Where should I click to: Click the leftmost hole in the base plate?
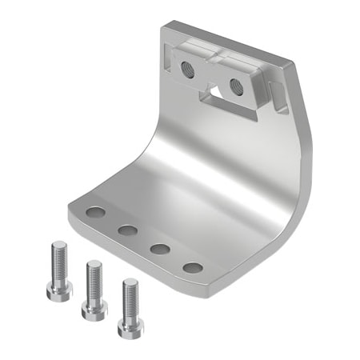96,214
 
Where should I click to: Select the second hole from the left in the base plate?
127,231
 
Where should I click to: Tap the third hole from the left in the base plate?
159,249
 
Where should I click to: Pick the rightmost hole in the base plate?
192,267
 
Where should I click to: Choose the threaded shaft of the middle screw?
94,280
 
